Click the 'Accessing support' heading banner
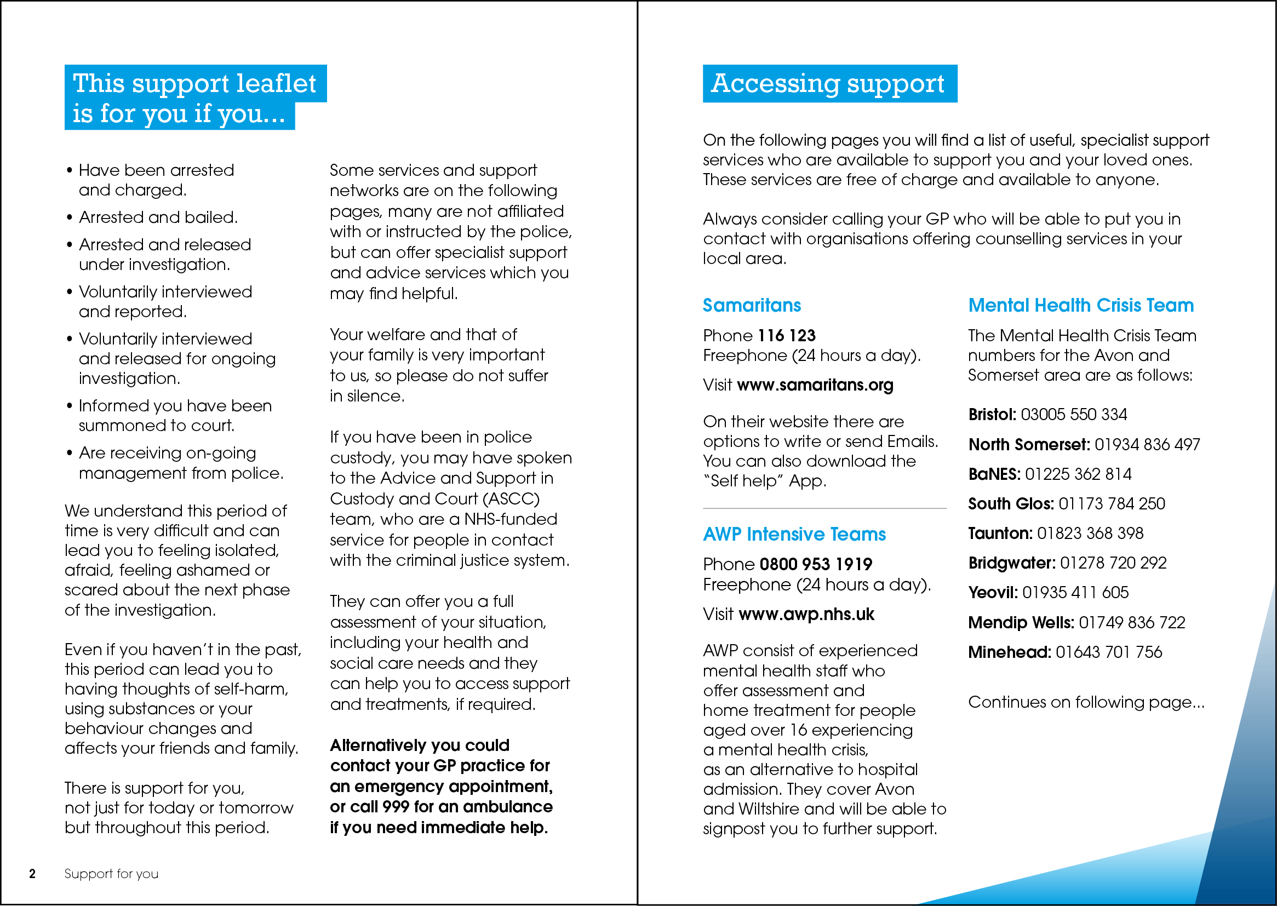829,84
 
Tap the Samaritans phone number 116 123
787,335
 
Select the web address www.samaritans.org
815,385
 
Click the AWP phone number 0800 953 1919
816,564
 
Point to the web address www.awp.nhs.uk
806,614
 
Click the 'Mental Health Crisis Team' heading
1081,305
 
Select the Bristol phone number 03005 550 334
1073,415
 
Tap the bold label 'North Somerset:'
1029,445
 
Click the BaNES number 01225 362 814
1078,474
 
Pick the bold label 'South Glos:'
1010,504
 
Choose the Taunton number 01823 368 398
1090,534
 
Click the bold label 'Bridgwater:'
1011,563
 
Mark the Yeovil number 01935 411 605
1075,593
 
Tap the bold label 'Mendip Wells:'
1021,623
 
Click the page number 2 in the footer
32,874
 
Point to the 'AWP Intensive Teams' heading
794,535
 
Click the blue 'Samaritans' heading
752,305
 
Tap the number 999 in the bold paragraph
396,807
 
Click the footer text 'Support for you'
111,874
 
